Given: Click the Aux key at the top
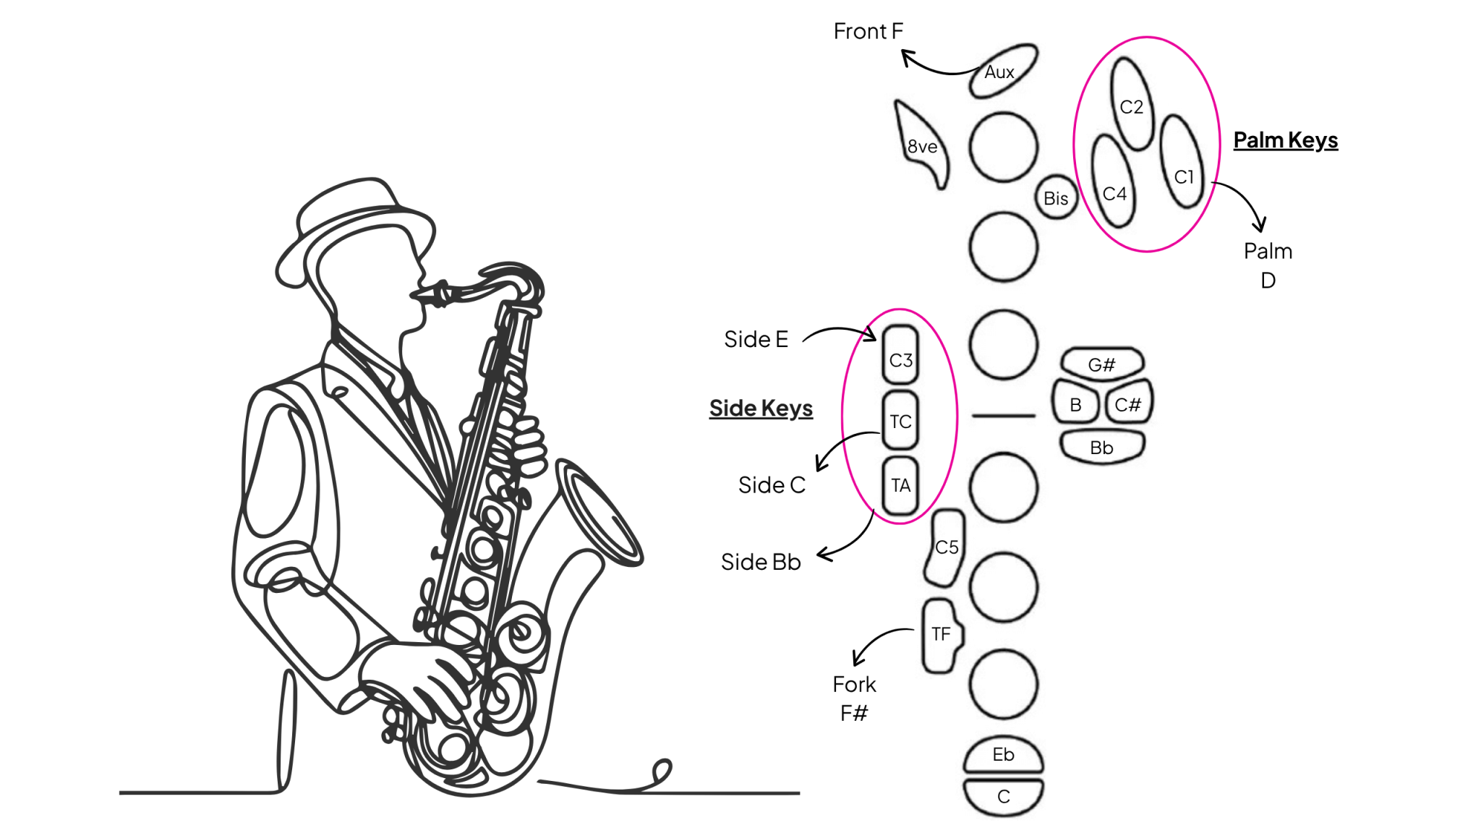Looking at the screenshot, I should pyautogui.click(x=1002, y=71).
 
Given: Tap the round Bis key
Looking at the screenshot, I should pyautogui.click(x=1056, y=197).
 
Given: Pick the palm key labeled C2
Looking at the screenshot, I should pyautogui.click(x=1132, y=106).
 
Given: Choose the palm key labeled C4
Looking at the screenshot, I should pyautogui.click(x=1114, y=183).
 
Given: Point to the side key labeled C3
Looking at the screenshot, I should pyautogui.click(x=900, y=356).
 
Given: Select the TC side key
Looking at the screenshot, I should pyautogui.click(x=900, y=420).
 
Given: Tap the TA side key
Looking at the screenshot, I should pyautogui.click(x=900, y=484).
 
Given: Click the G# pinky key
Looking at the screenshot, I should pyautogui.click(x=1102, y=364).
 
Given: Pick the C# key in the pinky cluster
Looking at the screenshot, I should pyautogui.click(x=1128, y=403).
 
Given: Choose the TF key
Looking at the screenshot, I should pyautogui.click(x=941, y=635).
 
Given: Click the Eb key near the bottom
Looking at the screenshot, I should pyautogui.click(x=1004, y=756).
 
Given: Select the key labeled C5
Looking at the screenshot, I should pyautogui.click(x=946, y=547).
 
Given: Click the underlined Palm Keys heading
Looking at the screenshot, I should pyautogui.click(x=1285, y=140).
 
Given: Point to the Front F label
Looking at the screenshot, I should pyautogui.click(x=868, y=31).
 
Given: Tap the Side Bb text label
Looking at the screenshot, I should pyautogui.click(x=761, y=562).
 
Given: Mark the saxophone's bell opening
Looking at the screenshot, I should pyautogui.click(x=600, y=513).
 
